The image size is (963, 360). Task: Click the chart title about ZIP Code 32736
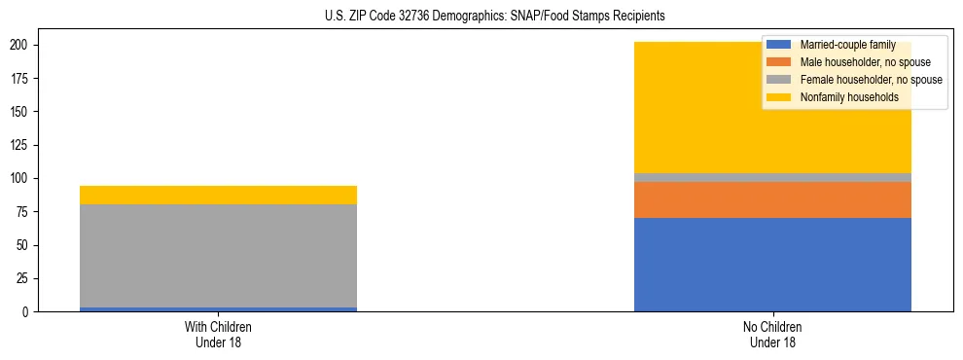coord(481,17)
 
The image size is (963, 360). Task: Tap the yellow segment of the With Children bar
coord(218,195)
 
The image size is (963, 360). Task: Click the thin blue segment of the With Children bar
coord(218,309)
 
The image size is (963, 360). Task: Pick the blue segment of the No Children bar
coord(772,265)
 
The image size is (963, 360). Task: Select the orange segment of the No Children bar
coord(772,199)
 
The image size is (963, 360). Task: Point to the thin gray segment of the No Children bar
coord(772,177)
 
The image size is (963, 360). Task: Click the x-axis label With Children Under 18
coord(218,334)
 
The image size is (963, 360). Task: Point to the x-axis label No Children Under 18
coord(772,334)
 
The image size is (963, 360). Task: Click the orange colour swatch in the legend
coord(779,62)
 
